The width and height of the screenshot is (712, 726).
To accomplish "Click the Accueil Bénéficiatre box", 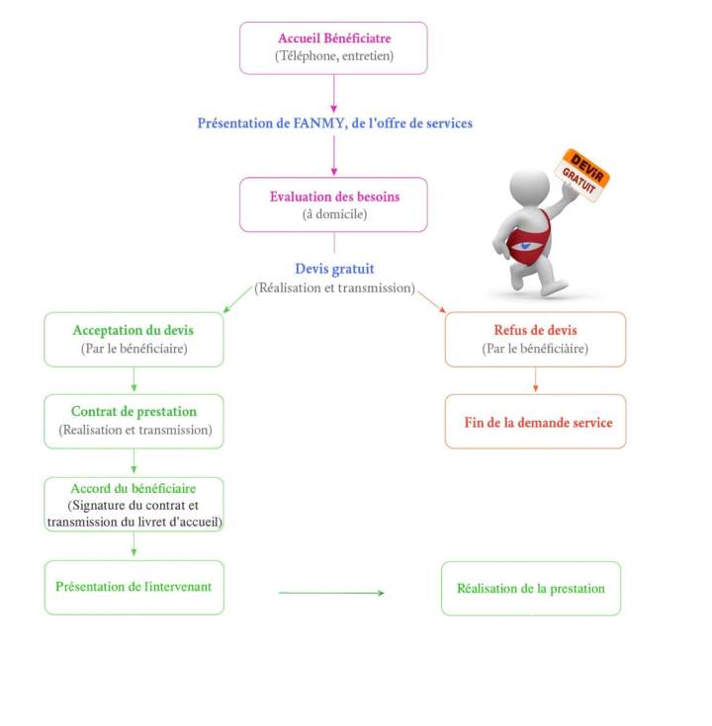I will coord(333,47).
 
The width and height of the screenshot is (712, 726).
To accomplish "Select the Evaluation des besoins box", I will coord(333,204).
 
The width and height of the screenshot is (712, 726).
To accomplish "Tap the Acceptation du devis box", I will coord(133,339).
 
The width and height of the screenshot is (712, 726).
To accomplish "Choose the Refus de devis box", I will coord(535,339).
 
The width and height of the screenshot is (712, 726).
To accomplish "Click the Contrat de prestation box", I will coord(133,421).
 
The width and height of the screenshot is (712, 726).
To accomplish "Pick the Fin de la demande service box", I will coord(535,422).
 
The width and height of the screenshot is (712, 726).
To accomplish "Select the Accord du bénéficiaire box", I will coord(133,504).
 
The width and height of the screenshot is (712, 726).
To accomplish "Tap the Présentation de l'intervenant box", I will coord(133,587).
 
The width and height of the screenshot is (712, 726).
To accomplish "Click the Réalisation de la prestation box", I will coord(530,588).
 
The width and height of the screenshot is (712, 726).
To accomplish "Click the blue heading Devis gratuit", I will coord(334,269).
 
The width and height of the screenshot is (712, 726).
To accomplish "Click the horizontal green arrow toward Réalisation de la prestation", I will coord(331,593).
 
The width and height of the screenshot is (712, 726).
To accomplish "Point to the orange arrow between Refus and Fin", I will coord(535,380).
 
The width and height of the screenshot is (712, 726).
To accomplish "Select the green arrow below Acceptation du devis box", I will coord(133,380).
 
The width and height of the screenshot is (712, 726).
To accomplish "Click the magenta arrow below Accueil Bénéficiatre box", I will coord(334,93).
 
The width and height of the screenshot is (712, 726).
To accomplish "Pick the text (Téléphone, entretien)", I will coord(333,57).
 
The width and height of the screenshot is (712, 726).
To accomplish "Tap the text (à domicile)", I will coord(333,214).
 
